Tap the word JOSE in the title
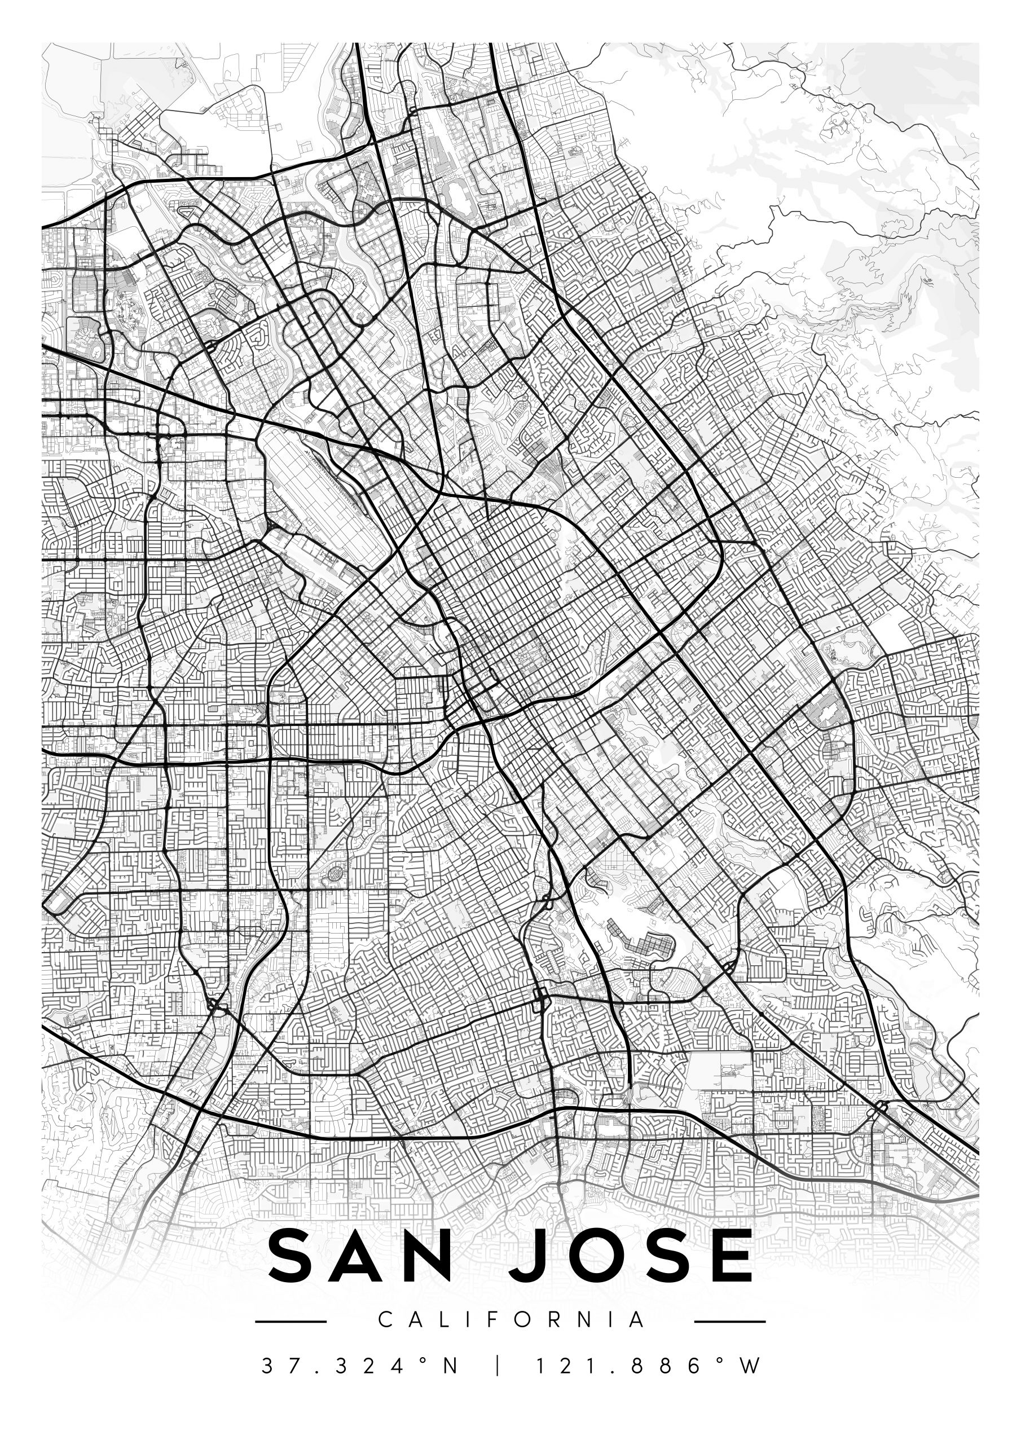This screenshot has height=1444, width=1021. tap(629, 1258)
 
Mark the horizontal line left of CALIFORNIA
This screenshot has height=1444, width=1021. tap(291, 1322)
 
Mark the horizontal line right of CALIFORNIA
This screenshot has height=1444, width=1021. tap(730, 1322)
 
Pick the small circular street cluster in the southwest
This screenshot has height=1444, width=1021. tap(335, 873)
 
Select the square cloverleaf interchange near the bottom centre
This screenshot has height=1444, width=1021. tap(540, 996)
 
